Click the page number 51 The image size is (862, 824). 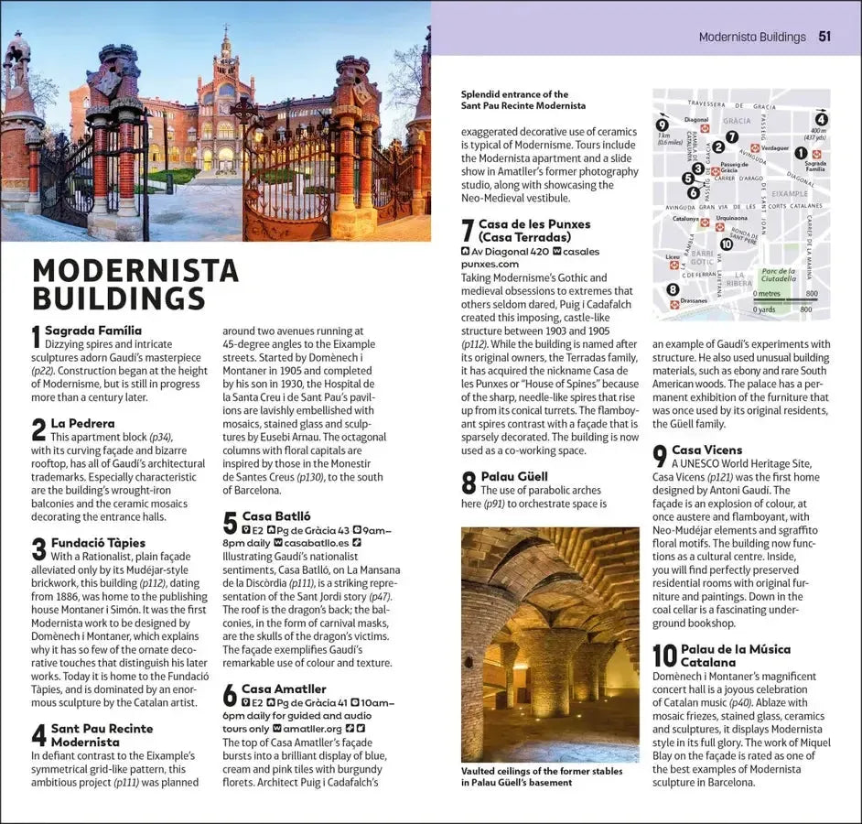pyautogui.click(x=824, y=37)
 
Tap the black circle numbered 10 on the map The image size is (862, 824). pyautogui.click(x=726, y=244)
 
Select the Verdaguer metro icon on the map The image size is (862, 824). pyautogui.click(x=755, y=147)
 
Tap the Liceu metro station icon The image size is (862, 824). pyautogui.click(x=673, y=265)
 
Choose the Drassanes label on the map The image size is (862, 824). pyautogui.click(x=693, y=300)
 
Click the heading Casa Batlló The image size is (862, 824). pyautogui.click(x=275, y=516)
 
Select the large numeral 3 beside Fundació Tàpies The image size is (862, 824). pyautogui.click(x=38, y=548)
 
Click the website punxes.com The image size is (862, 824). pyautogui.click(x=490, y=264)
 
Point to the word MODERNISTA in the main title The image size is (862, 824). pyautogui.click(x=135, y=271)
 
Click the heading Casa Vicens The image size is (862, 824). pyautogui.click(x=706, y=450)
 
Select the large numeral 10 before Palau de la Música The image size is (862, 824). pyautogui.click(x=664, y=656)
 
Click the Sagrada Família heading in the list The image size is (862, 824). pyautogui.click(x=93, y=330)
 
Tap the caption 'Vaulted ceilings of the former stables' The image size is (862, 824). pyautogui.click(x=542, y=772)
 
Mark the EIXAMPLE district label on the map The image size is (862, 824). pyautogui.click(x=789, y=194)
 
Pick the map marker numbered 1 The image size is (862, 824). pyautogui.click(x=801, y=153)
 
